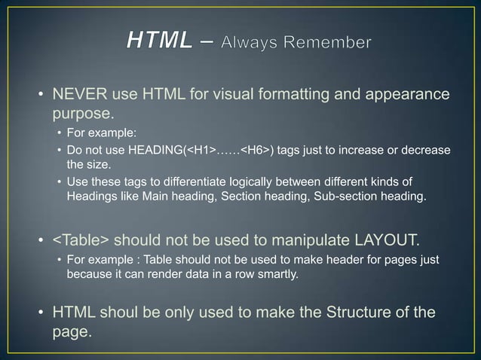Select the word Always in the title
click(x=252, y=43)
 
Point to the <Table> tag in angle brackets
click(x=81, y=241)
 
